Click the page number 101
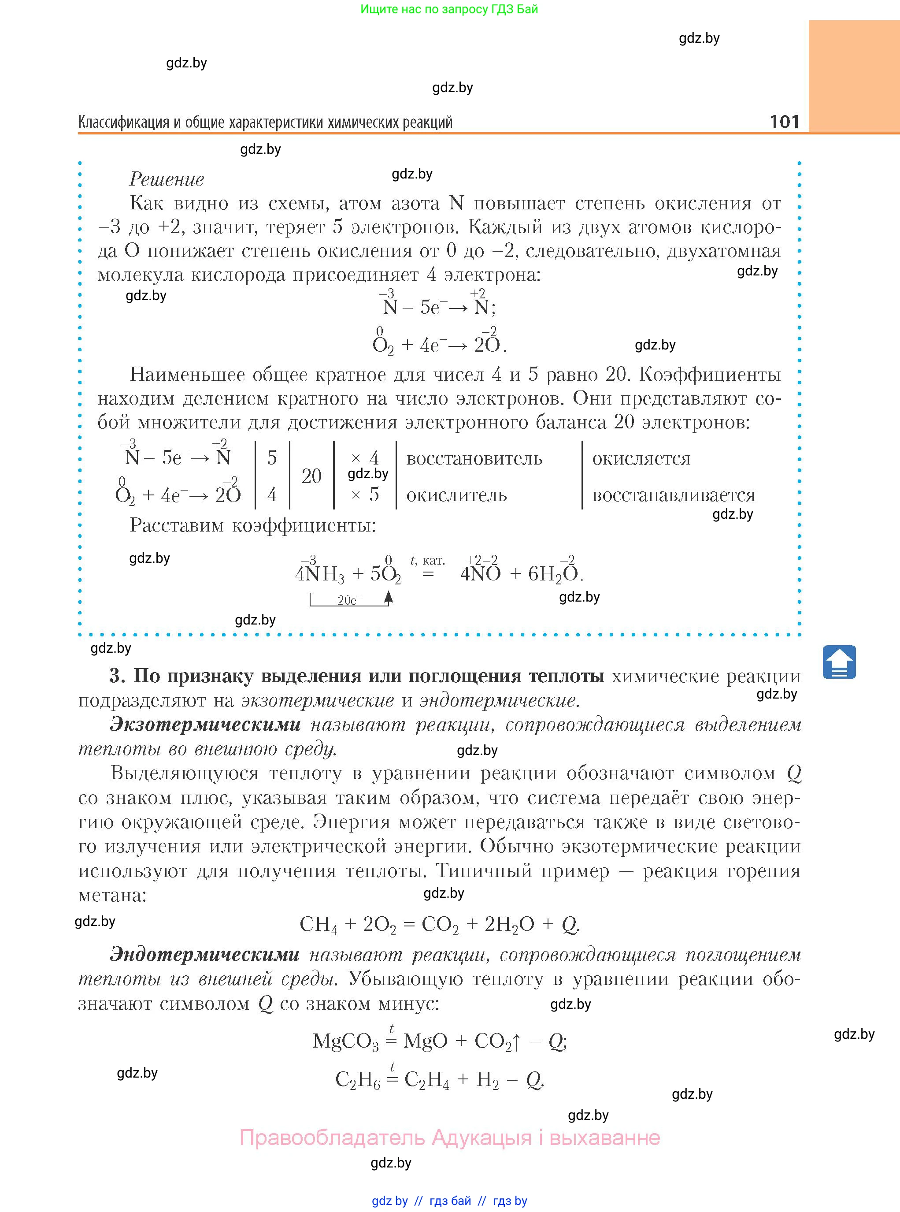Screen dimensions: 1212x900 [x=784, y=121]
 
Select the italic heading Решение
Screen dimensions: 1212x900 [x=167, y=179]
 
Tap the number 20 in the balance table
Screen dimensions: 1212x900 [x=311, y=476]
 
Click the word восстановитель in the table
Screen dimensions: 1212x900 [x=474, y=459]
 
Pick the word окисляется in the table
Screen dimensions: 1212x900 [x=641, y=459]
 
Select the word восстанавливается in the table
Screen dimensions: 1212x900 [x=674, y=495]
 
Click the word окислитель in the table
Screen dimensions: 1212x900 [x=456, y=495]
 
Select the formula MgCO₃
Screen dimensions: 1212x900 [x=345, y=1041]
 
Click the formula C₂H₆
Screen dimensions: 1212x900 [x=357, y=1080]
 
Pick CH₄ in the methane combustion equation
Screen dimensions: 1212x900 [x=318, y=924]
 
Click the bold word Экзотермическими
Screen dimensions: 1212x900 [x=205, y=725]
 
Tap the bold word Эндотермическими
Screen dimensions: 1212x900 [x=205, y=955]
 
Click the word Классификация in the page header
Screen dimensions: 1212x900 [x=124, y=122]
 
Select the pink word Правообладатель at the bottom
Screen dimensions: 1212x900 [x=332, y=1138]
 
